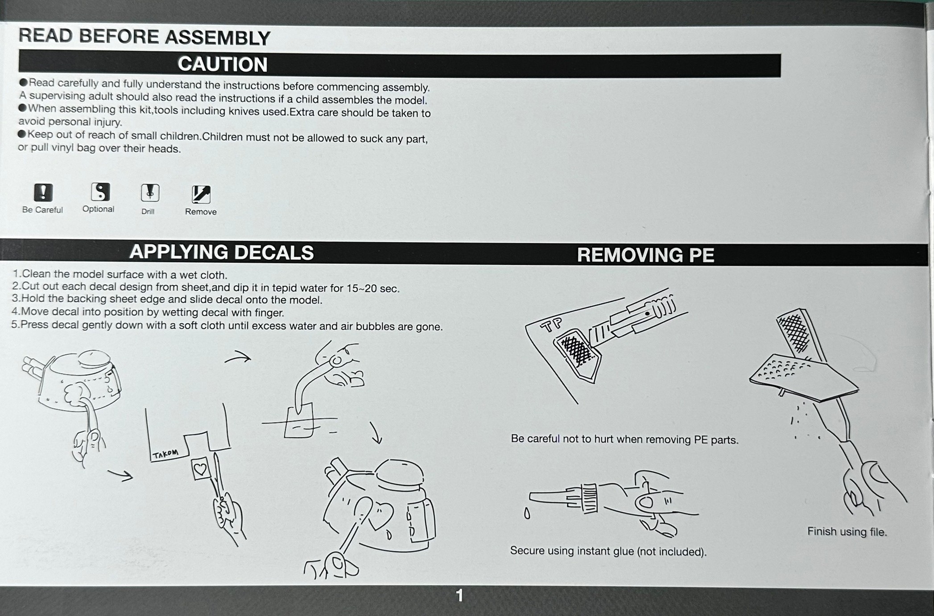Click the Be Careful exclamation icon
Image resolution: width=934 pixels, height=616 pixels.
click(x=43, y=193)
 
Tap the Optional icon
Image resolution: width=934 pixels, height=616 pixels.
click(x=100, y=192)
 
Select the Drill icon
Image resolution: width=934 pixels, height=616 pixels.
click(x=150, y=193)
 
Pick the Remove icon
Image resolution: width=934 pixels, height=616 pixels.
click(x=201, y=194)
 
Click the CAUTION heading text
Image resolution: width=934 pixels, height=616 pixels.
click(x=223, y=65)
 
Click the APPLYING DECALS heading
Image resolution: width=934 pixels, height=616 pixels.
click(x=221, y=252)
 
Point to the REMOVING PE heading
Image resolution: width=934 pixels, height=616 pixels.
click(x=645, y=255)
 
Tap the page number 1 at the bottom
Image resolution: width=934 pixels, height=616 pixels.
click(x=459, y=595)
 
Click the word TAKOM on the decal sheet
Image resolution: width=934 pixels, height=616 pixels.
click(x=165, y=454)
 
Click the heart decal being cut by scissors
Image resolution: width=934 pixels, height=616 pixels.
click(x=200, y=468)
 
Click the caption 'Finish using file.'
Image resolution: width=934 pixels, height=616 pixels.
click(x=847, y=532)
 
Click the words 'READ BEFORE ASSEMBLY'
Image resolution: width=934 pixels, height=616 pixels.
click(x=144, y=37)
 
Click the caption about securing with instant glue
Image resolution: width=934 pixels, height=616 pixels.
click(x=608, y=551)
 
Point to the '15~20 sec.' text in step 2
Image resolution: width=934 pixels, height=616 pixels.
click(x=372, y=288)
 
